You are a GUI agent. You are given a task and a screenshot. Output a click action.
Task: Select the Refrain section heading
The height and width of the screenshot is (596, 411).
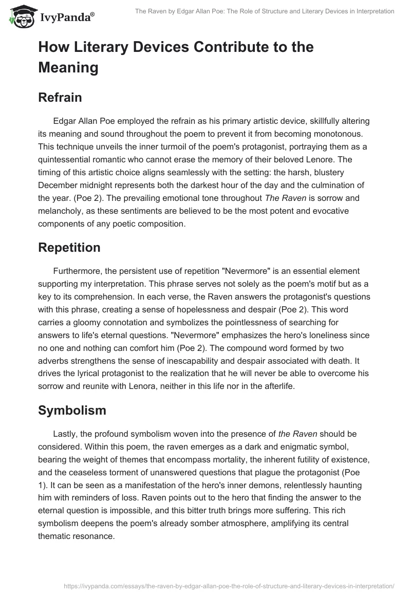click(x=60, y=98)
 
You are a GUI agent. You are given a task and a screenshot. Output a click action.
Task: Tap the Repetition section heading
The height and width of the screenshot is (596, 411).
click(x=69, y=248)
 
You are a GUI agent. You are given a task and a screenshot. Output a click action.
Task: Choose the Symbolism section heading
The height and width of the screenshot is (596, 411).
click(x=72, y=410)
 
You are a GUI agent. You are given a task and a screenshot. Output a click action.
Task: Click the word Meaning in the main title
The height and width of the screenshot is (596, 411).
click(x=68, y=67)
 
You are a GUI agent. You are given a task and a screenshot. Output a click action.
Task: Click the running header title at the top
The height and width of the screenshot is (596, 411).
click(x=265, y=11)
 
